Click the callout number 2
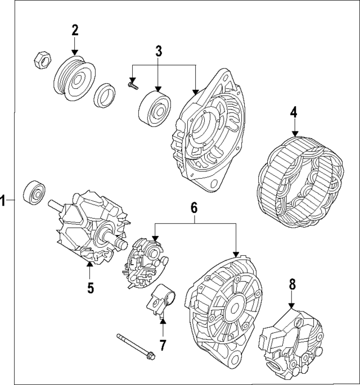tap(75, 30)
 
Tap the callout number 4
tap(294, 112)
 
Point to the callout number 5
tap(90, 288)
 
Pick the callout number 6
tap(193, 207)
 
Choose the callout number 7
tap(163, 344)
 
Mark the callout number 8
tap(291, 284)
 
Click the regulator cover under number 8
tap(292, 343)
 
